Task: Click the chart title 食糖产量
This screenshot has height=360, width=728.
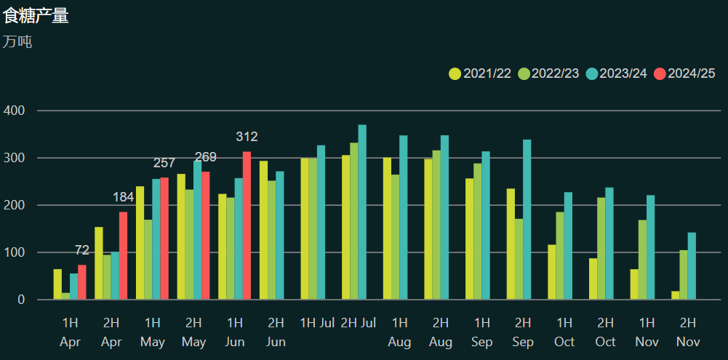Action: tap(36, 15)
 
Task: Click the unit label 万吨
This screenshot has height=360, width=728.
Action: tap(17, 41)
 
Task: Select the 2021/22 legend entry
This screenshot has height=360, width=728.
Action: tap(479, 73)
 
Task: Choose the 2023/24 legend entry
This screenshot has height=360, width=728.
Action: tap(616, 73)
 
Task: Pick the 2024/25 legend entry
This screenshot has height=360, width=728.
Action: tap(684, 73)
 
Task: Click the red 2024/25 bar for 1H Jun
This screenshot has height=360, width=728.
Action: tap(247, 225)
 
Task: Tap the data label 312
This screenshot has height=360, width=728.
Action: tap(247, 137)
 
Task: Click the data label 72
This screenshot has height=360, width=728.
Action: tap(82, 250)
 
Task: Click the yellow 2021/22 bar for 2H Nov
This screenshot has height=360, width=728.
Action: tap(676, 295)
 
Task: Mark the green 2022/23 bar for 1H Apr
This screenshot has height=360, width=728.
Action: tap(65, 296)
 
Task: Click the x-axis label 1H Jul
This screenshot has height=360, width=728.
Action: tap(317, 322)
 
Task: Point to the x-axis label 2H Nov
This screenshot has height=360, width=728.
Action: tap(687, 332)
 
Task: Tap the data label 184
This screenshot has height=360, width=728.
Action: tap(123, 197)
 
